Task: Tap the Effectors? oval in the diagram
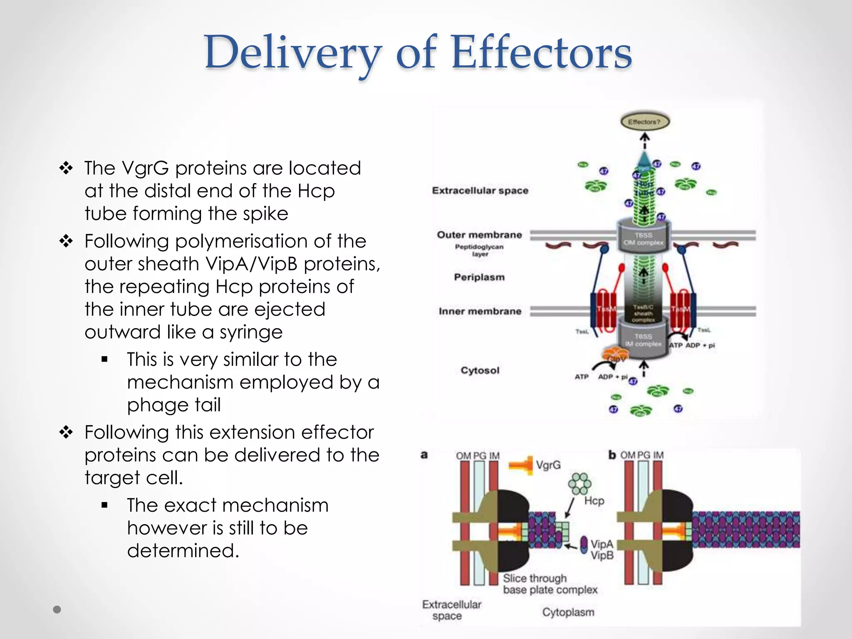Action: click(644, 122)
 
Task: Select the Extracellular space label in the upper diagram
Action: click(480, 191)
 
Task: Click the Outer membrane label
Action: click(479, 235)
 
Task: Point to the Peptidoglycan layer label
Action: click(479, 250)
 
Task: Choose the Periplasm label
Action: click(479, 277)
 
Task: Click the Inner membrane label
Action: click(480, 311)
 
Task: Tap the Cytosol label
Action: click(480, 370)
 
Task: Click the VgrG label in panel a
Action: click(548, 465)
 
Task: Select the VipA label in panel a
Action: click(602, 544)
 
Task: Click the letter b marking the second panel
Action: click(612, 455)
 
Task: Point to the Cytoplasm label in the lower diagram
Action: click(568, 612)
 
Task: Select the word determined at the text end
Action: click(183, 551)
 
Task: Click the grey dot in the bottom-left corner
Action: click(57, 609)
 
